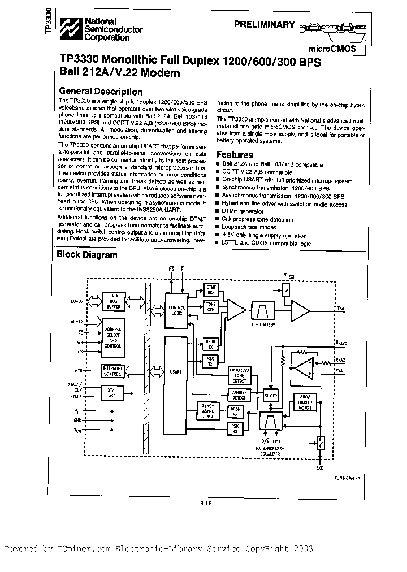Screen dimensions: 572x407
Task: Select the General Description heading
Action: [x=101, y=92]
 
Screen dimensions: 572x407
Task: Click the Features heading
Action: [x=235, y=154]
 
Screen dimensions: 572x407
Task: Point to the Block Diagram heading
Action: [x=88, y=255]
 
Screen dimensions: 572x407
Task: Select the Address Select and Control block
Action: [x=114, y=337]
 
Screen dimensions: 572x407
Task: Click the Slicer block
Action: [x=271, y=396]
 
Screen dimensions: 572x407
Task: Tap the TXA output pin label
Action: [x=341, y=309]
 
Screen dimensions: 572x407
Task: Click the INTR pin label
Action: [x=79, y=371]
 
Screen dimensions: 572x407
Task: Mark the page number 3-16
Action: [x=205, y=505]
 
